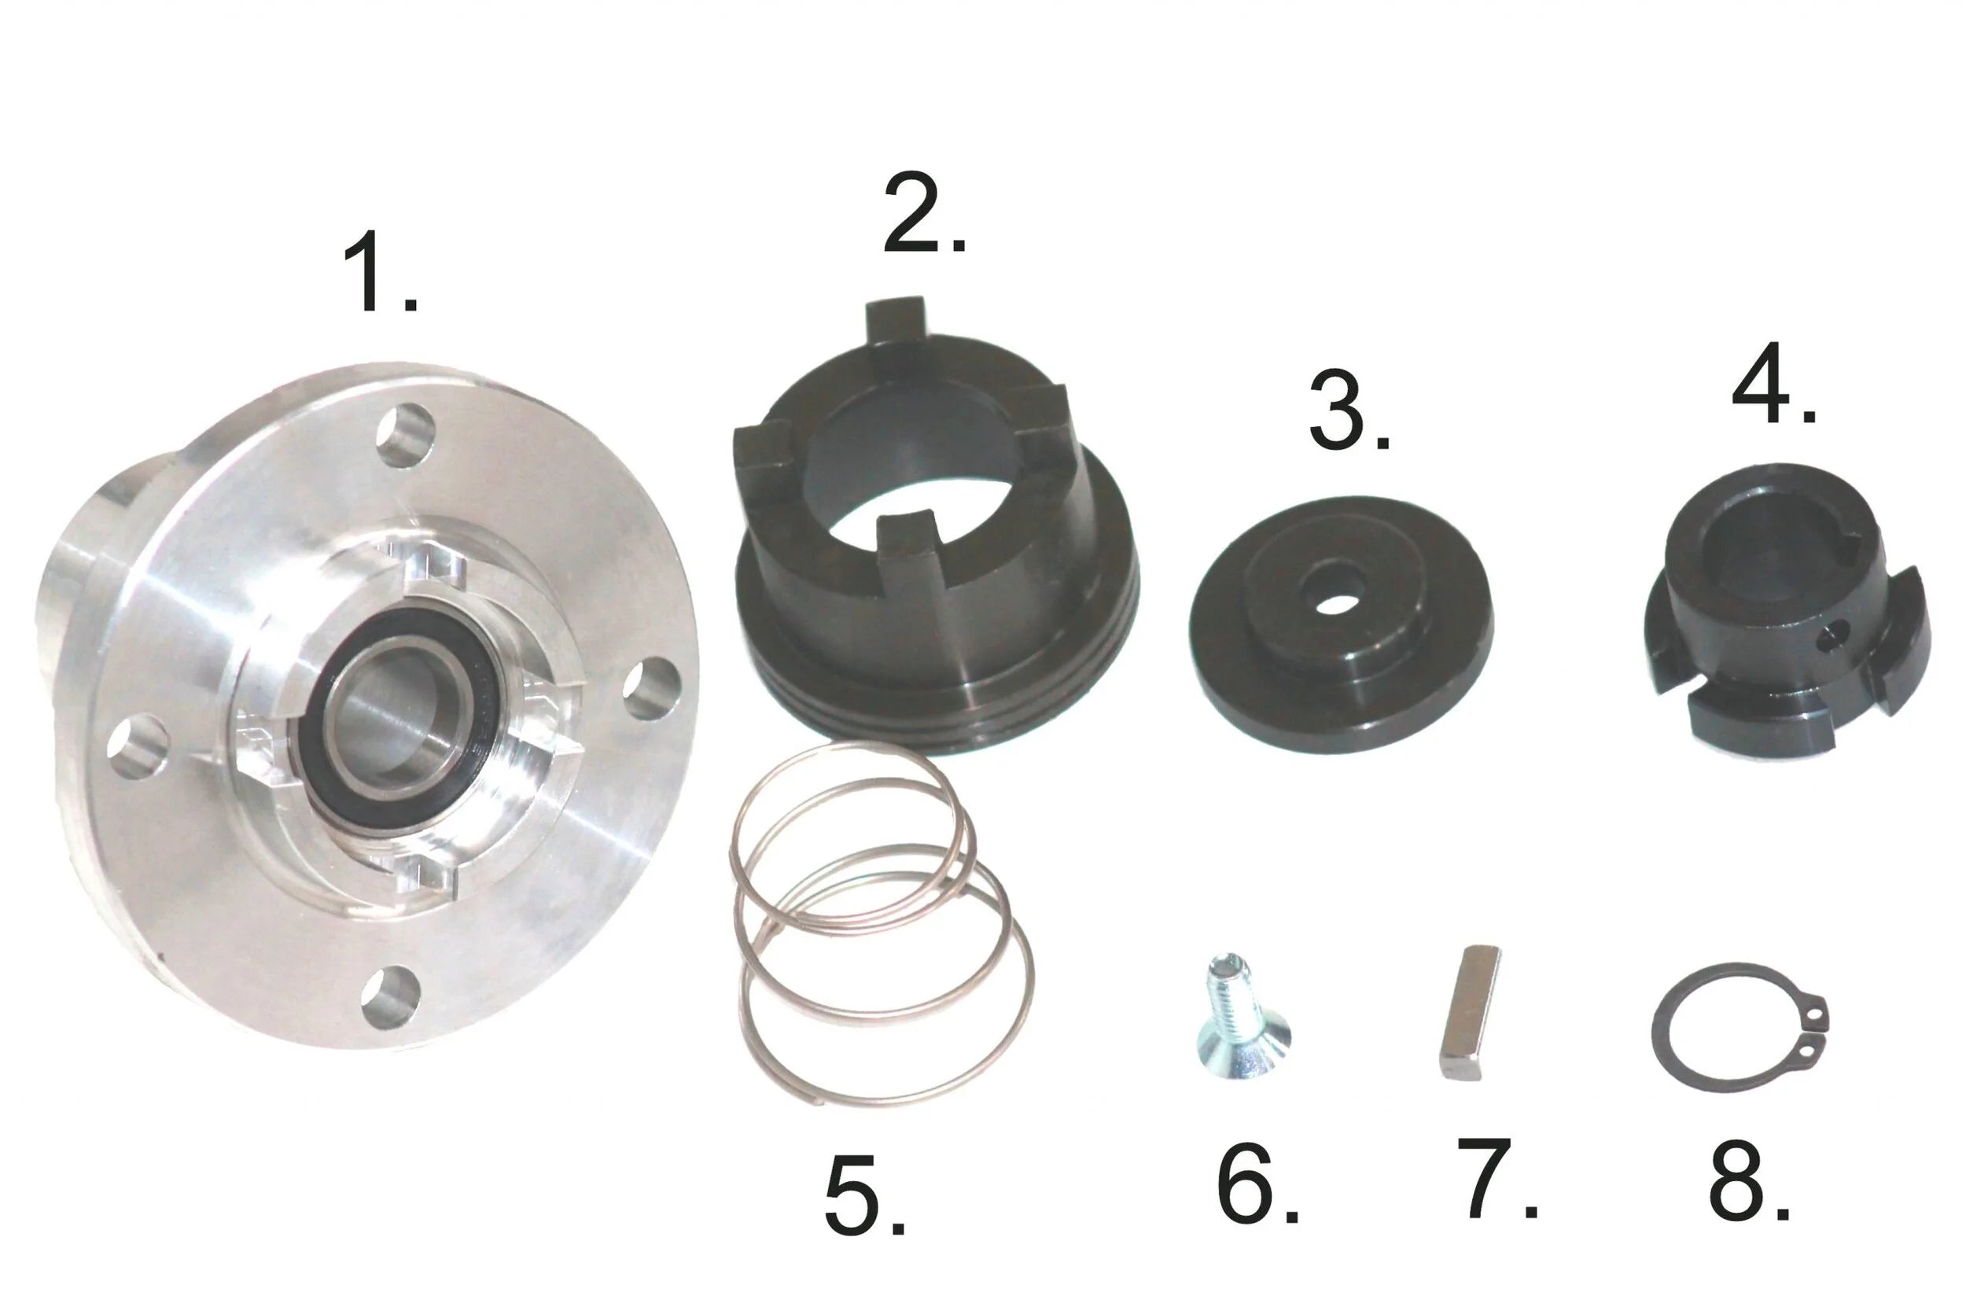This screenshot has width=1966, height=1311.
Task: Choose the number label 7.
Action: (1497, 1178)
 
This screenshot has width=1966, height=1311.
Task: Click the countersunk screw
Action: (1237, 1018)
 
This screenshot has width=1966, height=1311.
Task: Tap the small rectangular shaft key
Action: (1470, 1012)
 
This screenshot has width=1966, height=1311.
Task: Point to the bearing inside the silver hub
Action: (399, 719)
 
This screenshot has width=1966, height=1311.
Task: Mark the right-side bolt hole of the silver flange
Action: (651, 688)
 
